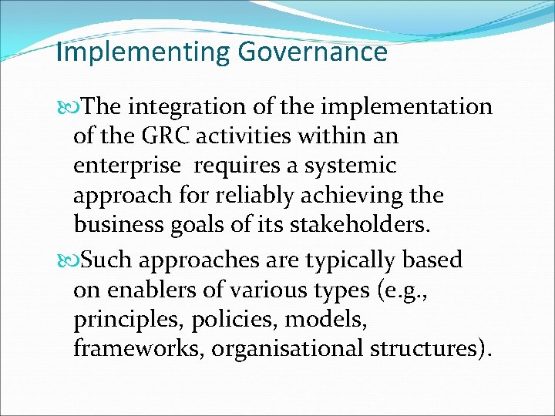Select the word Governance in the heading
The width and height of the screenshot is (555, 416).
click(x=312, y=52)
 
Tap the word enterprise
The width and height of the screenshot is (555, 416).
click(x=127, y=166)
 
